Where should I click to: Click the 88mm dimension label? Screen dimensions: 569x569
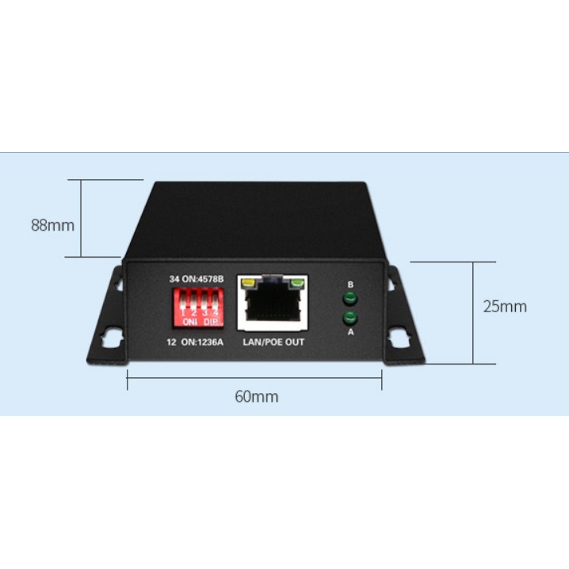pos(52,225)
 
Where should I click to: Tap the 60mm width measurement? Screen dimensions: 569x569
pos(256,397)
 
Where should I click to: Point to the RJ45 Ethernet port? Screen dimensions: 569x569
pos(273,305)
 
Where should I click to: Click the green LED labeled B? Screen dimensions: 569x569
pos(349,299)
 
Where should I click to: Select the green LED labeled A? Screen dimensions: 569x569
pos(349,319)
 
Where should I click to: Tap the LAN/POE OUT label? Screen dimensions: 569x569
pos(273,342)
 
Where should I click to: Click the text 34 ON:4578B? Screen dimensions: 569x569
pos(197,280)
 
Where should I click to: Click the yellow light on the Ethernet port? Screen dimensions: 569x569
pos(247,281)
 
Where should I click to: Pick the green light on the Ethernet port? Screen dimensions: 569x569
pos(298,281)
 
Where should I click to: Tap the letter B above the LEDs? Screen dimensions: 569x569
pos(349,284)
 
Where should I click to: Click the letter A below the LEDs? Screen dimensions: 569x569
pos(349,333)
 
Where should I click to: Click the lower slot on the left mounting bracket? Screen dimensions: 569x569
pos(110,338)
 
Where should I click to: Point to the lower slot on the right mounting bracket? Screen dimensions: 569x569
pos(400,339)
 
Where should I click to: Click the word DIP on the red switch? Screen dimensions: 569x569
pos(209,322)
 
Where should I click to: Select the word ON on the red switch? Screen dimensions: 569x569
pos(189,322)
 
